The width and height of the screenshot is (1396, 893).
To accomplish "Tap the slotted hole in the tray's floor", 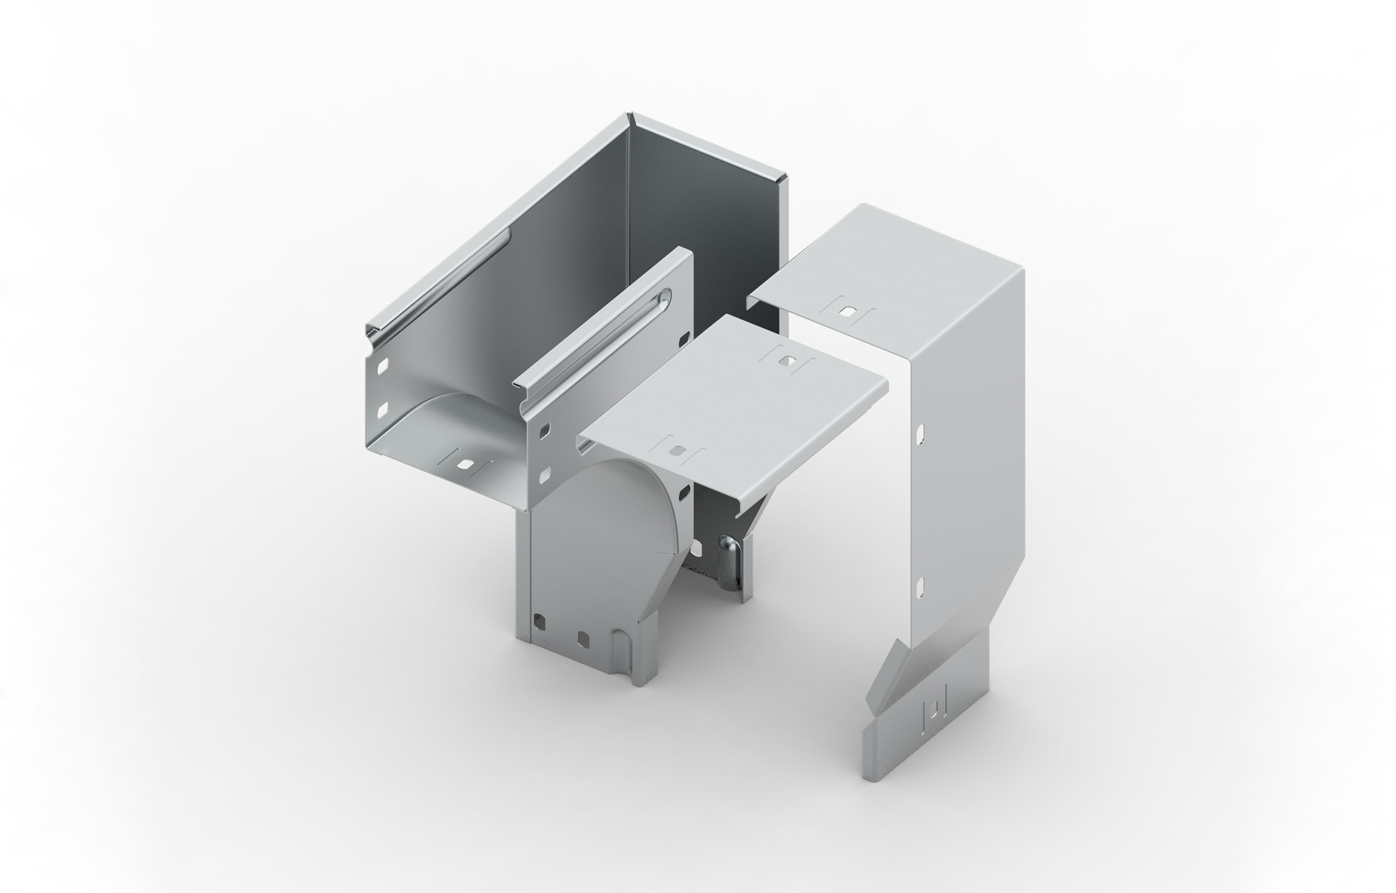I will click(x=465, y=463).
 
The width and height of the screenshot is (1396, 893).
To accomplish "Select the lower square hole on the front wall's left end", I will click(x=544, y=475).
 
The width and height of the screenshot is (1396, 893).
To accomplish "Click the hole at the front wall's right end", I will click(x=683, y=342).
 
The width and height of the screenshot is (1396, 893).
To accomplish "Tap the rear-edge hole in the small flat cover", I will click(x=787, y=360).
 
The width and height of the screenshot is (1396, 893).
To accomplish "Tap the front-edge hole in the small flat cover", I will click(x=677, y=451).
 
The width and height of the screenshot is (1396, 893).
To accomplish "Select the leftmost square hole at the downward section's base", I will click(x=540, y=622).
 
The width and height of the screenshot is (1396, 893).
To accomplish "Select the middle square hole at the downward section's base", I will click(x=583, y=638).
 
